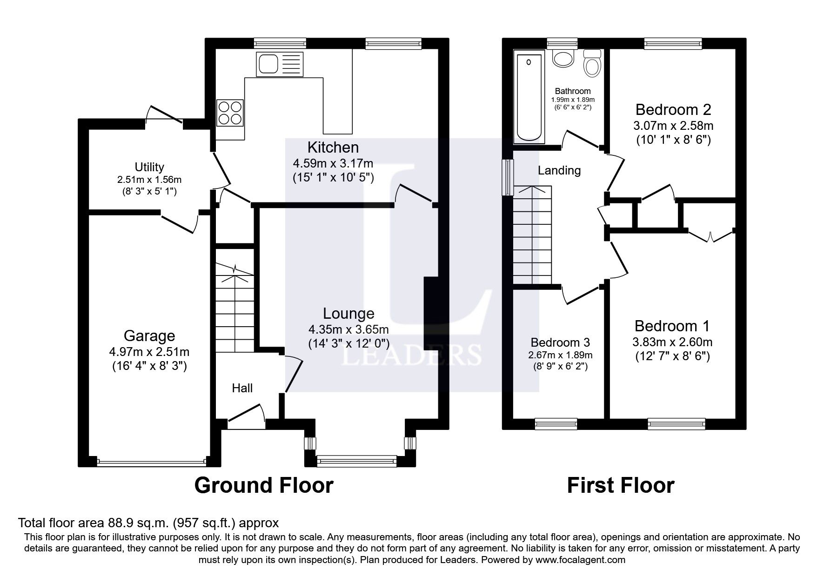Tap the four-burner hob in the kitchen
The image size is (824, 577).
[x=230, y=113]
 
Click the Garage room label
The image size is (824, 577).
[x=149, y=335]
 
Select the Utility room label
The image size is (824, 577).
[x=149, y=167]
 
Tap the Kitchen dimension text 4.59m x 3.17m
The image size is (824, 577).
[x=333, y=163]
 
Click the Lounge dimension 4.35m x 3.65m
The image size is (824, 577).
[x=348, y=329]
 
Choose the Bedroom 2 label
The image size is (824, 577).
[x=673, y=110]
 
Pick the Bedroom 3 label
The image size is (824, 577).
[x=560, y=342]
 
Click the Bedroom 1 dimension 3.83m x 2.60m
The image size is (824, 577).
[x=672, y=342]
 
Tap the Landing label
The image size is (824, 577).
[x=559, y=170]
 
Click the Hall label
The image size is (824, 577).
[x=242, y=388]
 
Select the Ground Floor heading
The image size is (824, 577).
[x=263, y=485]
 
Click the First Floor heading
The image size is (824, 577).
[x=620, y=485]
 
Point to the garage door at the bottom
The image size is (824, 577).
[x=151, y=462]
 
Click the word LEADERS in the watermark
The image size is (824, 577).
[x=411, y=356]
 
